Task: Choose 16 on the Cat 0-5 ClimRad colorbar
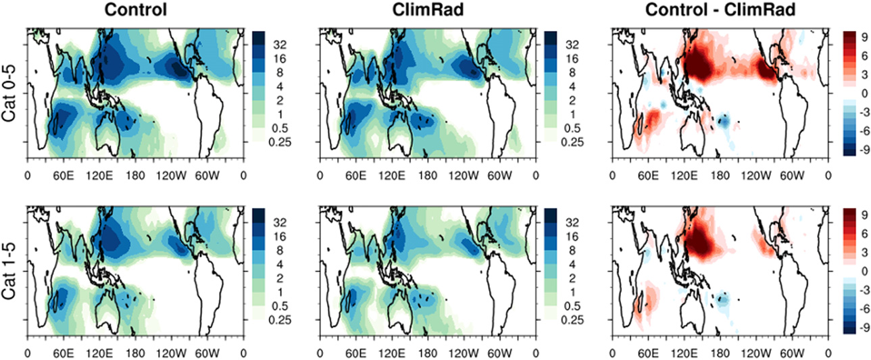(x=570, y=59)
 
